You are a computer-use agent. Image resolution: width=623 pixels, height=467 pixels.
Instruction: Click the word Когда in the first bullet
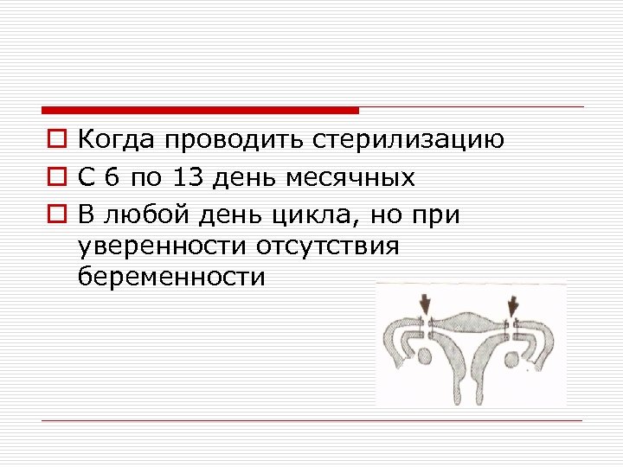click(x=118, y=140)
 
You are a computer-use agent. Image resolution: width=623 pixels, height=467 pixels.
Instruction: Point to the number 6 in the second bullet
click(x=111, y=178)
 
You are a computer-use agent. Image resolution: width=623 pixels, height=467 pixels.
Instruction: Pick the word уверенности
click(x=162, y=246)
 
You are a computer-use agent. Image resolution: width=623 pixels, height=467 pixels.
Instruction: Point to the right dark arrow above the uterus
click(x=515, y=304)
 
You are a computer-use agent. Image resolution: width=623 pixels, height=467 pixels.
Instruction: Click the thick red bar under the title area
click(x=199, y=111)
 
